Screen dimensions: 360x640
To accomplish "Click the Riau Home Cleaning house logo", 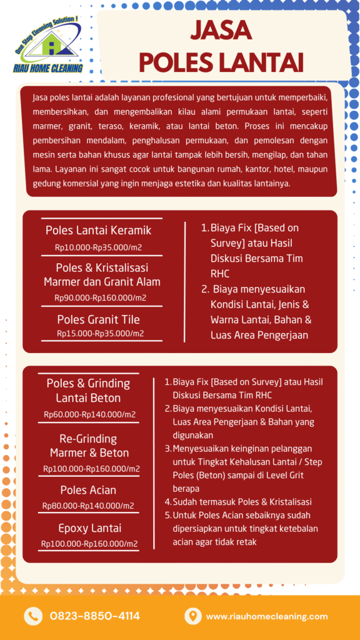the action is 46,44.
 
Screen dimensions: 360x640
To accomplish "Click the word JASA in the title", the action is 221,29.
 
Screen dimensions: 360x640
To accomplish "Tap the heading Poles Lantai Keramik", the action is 98,231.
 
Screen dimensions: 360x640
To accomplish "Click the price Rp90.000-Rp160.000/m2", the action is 101,297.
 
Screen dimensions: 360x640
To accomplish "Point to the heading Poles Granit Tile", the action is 99,319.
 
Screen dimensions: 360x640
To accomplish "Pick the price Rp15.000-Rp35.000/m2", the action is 101,333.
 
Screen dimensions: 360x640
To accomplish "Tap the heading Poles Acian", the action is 88,490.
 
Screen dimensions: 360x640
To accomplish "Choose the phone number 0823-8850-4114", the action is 95,616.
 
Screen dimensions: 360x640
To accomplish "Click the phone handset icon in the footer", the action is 32,616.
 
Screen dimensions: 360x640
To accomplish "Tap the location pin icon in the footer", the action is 192,616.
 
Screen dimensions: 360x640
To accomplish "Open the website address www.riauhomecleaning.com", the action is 267,616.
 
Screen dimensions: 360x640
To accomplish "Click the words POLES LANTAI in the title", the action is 221,62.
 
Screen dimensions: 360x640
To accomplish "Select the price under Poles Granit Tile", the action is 101,333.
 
